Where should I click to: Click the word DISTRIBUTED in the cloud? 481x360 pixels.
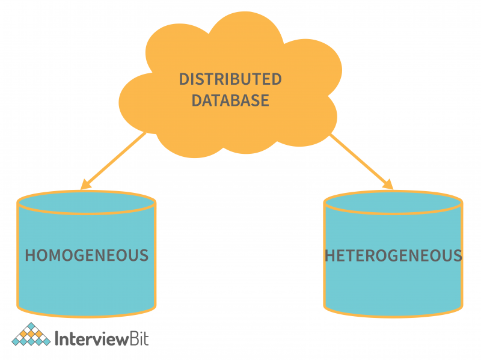point(230,79)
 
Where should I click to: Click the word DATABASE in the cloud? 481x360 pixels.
point(230,100)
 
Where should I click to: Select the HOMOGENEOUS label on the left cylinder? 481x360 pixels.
point(86,255)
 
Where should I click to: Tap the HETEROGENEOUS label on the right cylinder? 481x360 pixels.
point(393,255)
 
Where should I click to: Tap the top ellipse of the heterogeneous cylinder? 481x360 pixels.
point(393,203)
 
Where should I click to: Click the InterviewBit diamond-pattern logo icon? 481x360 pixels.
point(31,335)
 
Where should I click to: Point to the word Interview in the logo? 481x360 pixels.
point(90,338)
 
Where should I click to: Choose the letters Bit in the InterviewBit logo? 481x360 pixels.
point(138,338)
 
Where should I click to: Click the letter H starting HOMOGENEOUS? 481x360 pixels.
point(30,255)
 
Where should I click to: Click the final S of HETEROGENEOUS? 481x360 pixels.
point(458,255)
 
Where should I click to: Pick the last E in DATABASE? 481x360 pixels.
point(264,100)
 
